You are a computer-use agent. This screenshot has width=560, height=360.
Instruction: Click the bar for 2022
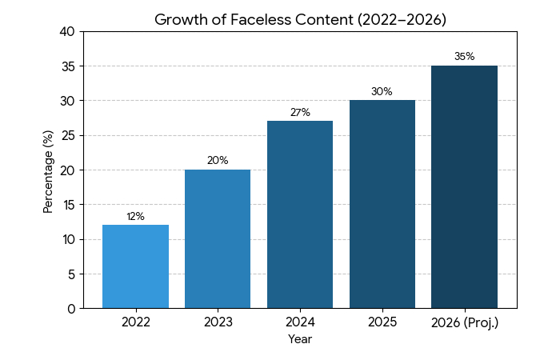(135, 266)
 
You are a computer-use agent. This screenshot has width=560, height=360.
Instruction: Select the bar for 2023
(218, 239)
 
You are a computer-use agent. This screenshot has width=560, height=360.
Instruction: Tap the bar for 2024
(300, 214)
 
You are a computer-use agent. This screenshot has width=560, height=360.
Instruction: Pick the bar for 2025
(382, 204)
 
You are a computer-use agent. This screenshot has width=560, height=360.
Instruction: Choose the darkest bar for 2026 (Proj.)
(464, 187)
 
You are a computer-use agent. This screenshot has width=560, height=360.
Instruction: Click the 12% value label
(135, 217)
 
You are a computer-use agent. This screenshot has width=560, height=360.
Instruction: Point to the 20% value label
(218, 161)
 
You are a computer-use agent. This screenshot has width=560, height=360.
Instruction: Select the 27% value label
(300, 113)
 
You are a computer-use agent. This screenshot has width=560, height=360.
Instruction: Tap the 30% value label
(382, 92)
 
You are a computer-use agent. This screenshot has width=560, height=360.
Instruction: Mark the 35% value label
(464, 57)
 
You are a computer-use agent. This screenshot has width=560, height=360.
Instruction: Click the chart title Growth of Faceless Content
(300, 19)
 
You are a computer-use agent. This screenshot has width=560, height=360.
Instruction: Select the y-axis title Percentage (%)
(48, 170)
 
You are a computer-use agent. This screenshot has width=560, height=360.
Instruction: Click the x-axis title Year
(300, 339)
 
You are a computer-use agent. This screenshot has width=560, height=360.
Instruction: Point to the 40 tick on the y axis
(68, 32)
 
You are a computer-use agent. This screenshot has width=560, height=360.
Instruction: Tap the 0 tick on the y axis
(71, 309)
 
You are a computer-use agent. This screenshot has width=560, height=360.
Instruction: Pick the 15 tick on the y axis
(68, 205)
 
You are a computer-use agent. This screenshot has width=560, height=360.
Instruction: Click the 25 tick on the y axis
(68, 136)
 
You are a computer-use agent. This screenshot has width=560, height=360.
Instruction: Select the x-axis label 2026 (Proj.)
(464, 322)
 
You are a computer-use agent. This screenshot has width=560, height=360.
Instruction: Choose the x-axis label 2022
(135, 322)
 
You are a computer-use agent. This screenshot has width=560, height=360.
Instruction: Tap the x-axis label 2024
(300, 322)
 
